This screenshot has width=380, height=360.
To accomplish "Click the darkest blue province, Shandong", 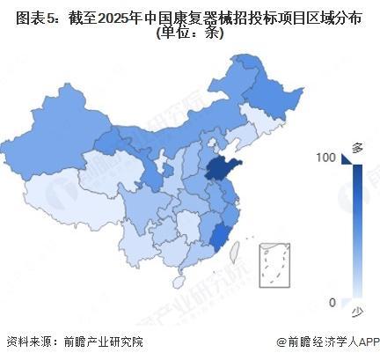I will [x=219, y=169].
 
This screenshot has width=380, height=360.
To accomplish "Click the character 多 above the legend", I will [x=357, y=146].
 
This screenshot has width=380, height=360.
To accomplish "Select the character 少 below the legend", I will [x=357, y=313].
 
